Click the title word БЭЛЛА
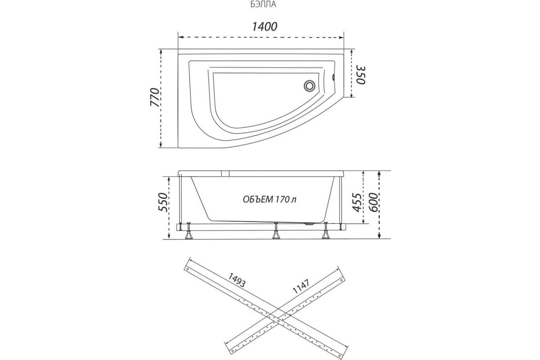pyautogui.click(x=263, y=4)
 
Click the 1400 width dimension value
pyautogui.click(x=265, y=27)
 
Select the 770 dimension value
pyautogui.click(x=155, y=97)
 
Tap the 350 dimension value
pyautogui.click(x=361, y=75)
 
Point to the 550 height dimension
pyautogui.click(x=163, y=202)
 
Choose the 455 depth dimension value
pyautogui.click(x=357, y=202)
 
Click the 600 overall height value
pyautogui.click(x=373, y=202)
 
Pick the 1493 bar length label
pyautogui.click(x=237, y=280)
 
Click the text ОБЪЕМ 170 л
pyautogui.click(x=270, y=199)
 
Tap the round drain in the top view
pyautogui.click(x=309, y=85)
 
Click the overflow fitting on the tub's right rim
pyautogui.click(x=333, y=78)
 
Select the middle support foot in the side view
pyautogui.click(x=276, y=231)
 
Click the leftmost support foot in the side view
pyautogui.click(x=188, y=231)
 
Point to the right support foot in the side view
pyautogui.click(x=326, y=231)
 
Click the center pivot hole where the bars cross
pyautogui.click(x=279, y=321)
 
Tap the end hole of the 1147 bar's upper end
pyautogui.click(x=341, y=280)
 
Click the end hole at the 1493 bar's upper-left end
pyautogui.click(x=188, y=270)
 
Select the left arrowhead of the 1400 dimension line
pyautogui.click(x=180, y=37)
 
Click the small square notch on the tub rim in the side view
pyautogui.click(x=225, y=174)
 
